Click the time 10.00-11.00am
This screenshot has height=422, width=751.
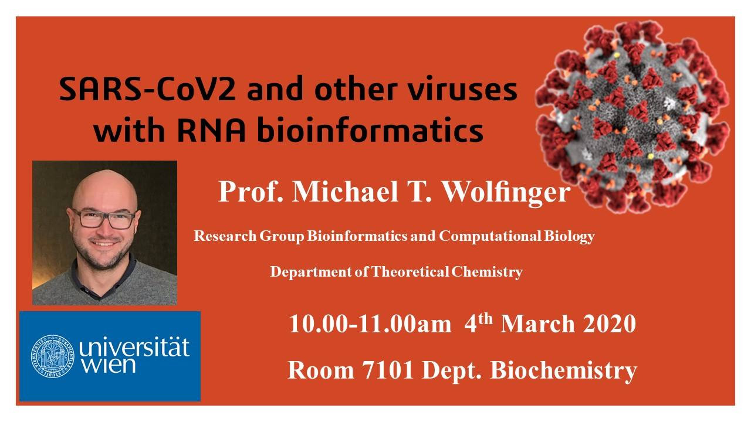pyautogui.click(x=370, y=324)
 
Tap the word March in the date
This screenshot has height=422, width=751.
pyautogui.click(x=537, y=324)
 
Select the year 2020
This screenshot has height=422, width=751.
pyautogui.click(x=609, y=324)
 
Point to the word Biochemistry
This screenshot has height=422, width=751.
pyautogui.click(x=564, y=372)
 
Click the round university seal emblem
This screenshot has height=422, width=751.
pyautogui.click(x=53, y=356)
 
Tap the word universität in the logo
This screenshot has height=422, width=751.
pyautogui.click(x=134, y=347)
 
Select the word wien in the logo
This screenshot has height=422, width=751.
pyautogui.click(x=109, y=365)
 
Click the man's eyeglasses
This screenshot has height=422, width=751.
pyautogui.click(x=104, y=218)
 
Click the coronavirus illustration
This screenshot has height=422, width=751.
pyautogui.click(x=632, y=117)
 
